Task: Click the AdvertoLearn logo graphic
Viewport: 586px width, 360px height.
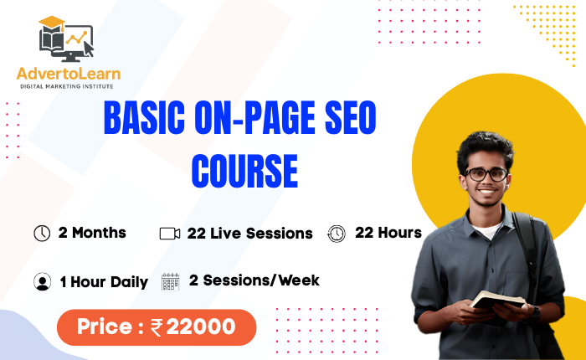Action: point(65,41)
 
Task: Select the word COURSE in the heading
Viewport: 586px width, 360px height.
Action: point(244,171)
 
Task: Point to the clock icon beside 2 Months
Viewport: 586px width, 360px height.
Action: point(42,233)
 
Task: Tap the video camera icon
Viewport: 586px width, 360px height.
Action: point(170,234)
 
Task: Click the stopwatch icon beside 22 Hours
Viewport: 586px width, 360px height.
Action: point(337,233)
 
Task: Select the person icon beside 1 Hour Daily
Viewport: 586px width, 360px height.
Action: point(43,281)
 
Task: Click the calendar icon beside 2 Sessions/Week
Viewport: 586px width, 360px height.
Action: point(170,281)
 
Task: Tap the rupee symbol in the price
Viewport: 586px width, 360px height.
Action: point(157,328)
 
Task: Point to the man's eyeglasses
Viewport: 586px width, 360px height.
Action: point(486,174)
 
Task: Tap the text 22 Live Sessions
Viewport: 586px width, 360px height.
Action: point(250,234)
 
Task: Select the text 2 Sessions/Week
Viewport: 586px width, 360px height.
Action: point(254,280)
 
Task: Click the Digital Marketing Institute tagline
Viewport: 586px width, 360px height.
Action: point(69,86)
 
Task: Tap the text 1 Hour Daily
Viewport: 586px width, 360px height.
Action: point(104,282)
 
